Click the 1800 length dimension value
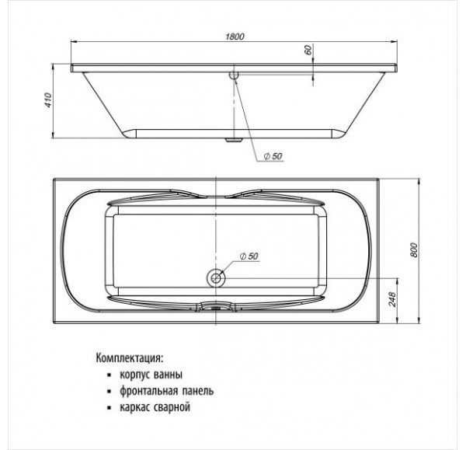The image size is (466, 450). (235, 37)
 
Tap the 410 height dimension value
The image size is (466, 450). (48, 100)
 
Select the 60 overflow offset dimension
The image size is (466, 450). (308, 50)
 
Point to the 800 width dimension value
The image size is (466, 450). (413, 250)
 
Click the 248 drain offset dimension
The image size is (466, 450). (392, 299)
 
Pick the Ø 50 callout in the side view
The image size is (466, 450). (273, 156)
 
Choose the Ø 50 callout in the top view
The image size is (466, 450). (249, 256)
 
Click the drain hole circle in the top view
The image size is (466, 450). (216, 278)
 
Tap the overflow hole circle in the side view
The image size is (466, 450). (234, 74)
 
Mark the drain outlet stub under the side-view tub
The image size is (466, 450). (234, 140)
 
